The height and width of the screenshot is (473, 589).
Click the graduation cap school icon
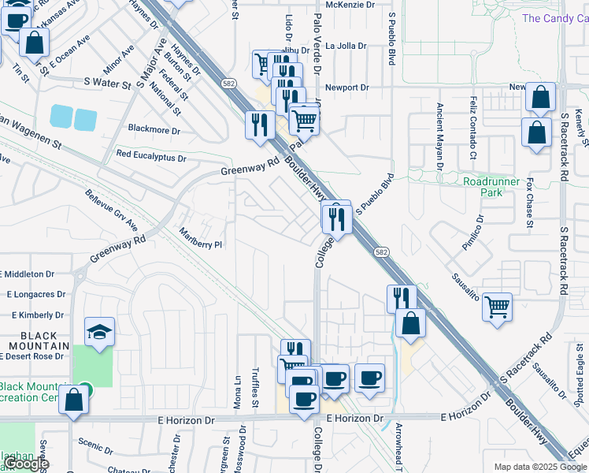[x=100, y=331]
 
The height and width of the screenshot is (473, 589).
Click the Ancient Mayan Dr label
[x=439, y=139]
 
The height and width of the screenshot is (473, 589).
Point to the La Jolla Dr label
[x=346, y=46]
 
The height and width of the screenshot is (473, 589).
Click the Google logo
[x=26, y=464]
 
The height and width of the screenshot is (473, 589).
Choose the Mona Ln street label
[x=237, y=394]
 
